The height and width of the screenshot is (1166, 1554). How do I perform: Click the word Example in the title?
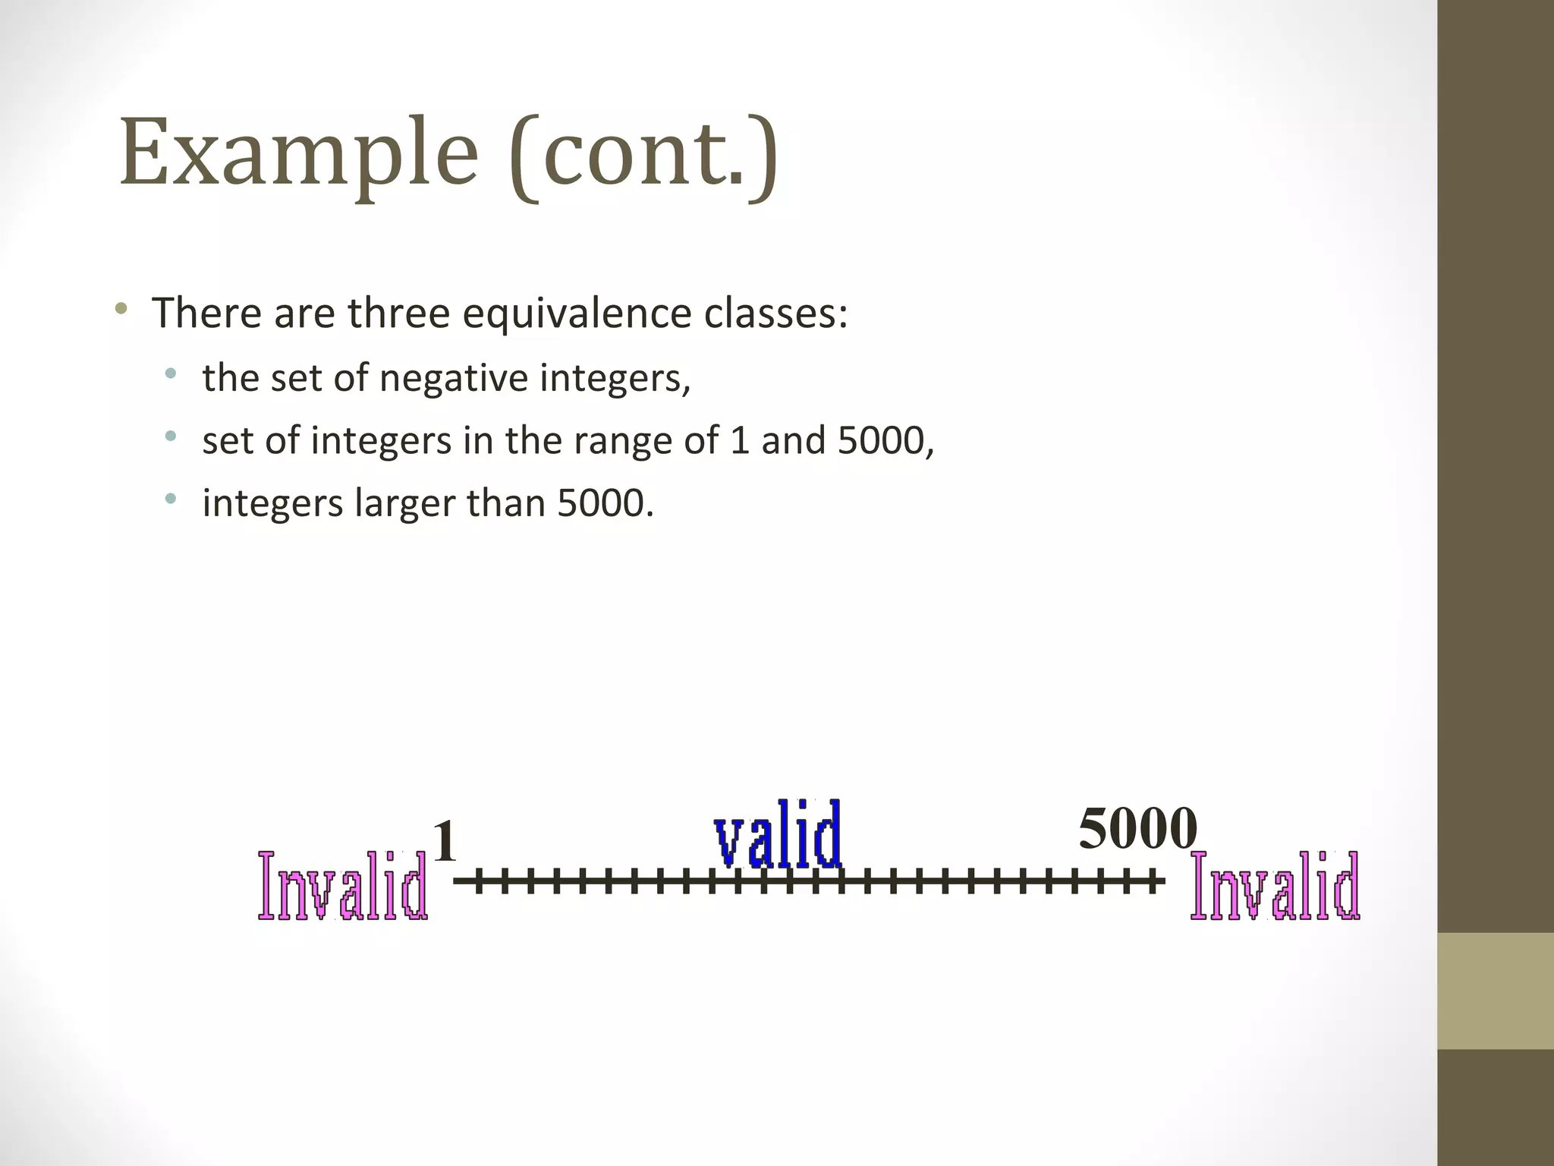298,152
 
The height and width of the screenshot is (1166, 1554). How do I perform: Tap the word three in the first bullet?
398,313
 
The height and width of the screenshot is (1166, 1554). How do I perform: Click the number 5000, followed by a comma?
886,440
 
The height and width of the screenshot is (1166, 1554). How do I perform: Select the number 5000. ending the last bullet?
605,503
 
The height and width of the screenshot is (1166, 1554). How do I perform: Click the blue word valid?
778,835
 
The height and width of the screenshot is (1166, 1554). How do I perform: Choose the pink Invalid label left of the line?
342,886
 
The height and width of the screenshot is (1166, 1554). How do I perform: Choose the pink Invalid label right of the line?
1275,886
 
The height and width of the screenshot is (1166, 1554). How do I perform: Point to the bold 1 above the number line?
445,841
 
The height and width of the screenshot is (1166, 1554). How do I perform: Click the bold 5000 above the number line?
1137,828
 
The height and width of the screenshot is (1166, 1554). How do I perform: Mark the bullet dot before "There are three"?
121,309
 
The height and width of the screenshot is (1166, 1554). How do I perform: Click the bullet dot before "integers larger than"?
171,499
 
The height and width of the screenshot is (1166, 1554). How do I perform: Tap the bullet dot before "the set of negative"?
171,373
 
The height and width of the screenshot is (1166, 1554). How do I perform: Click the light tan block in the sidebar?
1496,991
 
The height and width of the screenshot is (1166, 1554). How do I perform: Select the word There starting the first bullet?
206,313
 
